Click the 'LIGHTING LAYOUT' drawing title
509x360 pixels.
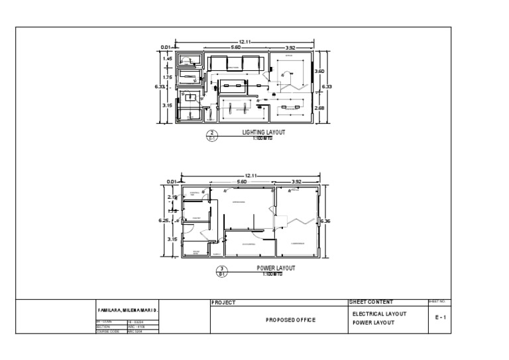[264, 133]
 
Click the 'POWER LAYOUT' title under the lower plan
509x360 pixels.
[276, 269]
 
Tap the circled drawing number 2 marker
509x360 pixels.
[212, 136]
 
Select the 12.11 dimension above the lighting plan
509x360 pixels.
[245, 42]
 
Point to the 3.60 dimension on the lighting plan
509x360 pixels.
[319, 71]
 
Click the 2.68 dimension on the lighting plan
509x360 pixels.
[319, 108]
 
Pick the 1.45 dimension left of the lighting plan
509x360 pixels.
[168, 59]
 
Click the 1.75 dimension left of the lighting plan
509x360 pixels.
[168, 78]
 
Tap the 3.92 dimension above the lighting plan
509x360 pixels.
[290, 48]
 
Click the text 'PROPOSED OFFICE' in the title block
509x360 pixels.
[290, 320]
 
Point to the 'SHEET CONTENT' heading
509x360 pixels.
[371, 302]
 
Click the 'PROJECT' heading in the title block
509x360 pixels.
[223, 303]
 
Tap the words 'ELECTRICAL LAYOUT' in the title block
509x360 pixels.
[380, 314]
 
